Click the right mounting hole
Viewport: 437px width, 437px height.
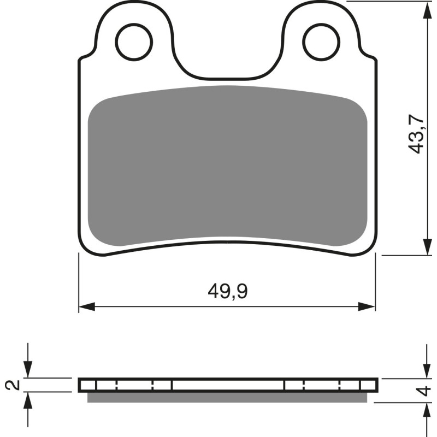pos(322,42)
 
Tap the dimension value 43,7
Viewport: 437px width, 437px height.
pos(417,134)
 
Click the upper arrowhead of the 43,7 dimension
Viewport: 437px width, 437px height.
pos(426,9)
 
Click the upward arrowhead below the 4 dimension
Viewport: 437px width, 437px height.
pos(426,411)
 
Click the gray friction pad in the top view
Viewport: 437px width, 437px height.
pos(227,164)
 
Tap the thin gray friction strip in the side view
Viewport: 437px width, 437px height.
pos(227,397)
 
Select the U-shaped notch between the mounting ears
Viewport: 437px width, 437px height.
pos(227,66)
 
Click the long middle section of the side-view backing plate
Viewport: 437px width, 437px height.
pos(227,385)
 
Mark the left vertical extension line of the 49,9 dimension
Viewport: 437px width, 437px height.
pos(79,284)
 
